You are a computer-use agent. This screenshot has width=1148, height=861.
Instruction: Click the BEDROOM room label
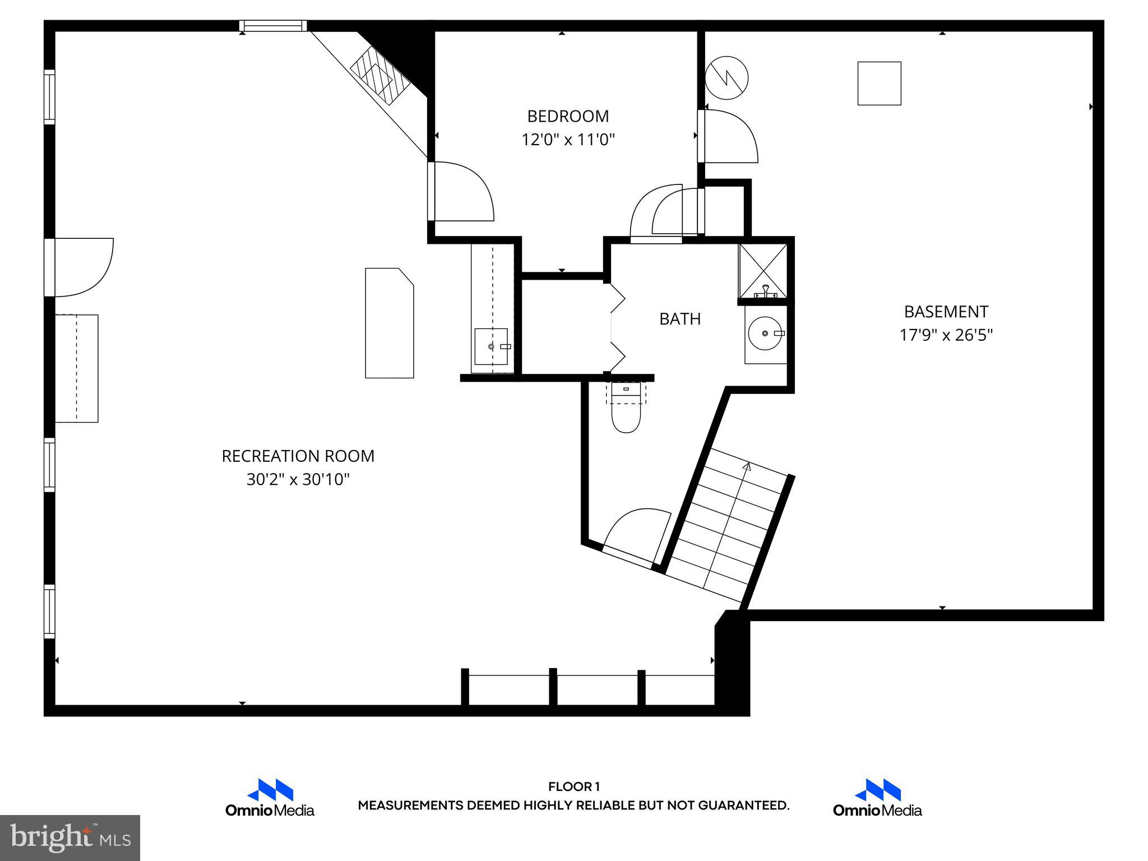(x=568, y=116)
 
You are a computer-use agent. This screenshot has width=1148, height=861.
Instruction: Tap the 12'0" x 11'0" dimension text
(x=568, y=140)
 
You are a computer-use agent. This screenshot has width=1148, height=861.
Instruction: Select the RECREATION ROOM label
(x=298, y=456)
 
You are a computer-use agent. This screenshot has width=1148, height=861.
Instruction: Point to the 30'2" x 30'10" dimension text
(x=298, y=480)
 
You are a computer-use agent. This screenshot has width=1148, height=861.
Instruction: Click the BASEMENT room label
(x=946, y=312)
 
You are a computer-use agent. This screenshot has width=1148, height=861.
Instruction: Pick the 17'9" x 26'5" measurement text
(x=946, y=335)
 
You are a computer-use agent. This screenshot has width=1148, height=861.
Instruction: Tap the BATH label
(x=679, y=319)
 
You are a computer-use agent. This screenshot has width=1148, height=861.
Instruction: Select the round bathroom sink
(x=765, y=334)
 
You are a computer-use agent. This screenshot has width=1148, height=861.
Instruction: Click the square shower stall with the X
(x=763, y=271)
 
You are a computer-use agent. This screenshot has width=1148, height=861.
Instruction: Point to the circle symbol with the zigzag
(x=726, y=78)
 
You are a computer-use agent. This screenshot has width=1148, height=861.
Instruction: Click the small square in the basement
(x=879, y=84)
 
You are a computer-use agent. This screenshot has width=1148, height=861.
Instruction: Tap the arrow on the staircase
(x=746, y=466)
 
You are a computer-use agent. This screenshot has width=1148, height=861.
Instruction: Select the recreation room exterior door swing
(x=84, y=267)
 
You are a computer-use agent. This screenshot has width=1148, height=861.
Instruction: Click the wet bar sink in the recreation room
(x=491, y=346)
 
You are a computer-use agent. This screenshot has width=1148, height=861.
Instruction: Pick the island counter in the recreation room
(x=389, y=323)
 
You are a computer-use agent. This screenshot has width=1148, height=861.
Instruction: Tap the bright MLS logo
(x=70, y=837)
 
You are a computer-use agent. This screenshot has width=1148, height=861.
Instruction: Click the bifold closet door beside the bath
(x=617, y=328)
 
